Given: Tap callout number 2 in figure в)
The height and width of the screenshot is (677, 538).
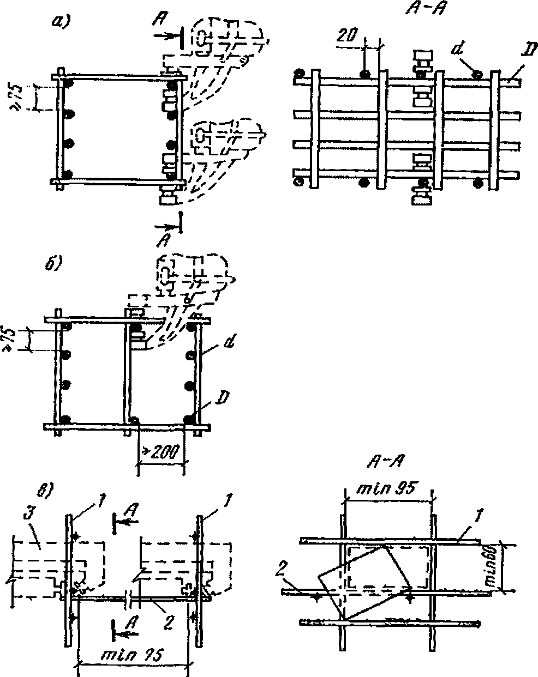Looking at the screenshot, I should (x=169, y=620).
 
